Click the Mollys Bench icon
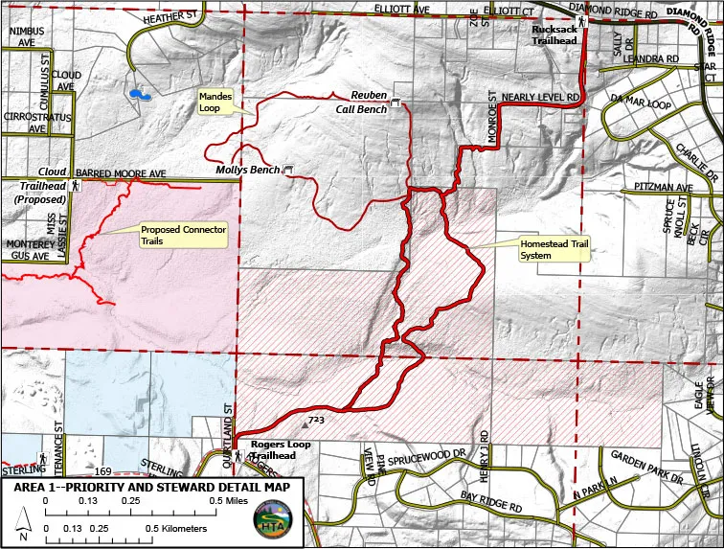(288, 170)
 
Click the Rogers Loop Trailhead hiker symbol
(238, 456)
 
